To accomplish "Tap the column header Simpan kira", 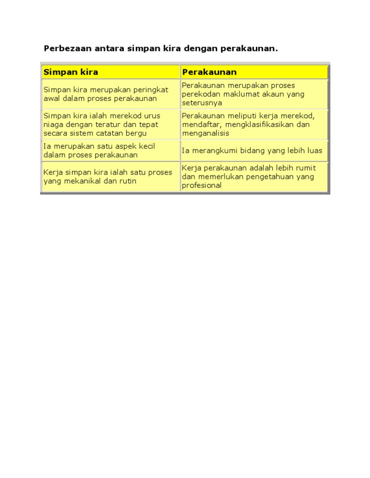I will pyautogui.click(x=71, y=72).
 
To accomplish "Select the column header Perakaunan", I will pyautogui.click(x=209, y=72).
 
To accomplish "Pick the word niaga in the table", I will pyautogui.click(x=53, y=125).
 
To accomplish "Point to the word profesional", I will pyautogui.click(x=202, y=185).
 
